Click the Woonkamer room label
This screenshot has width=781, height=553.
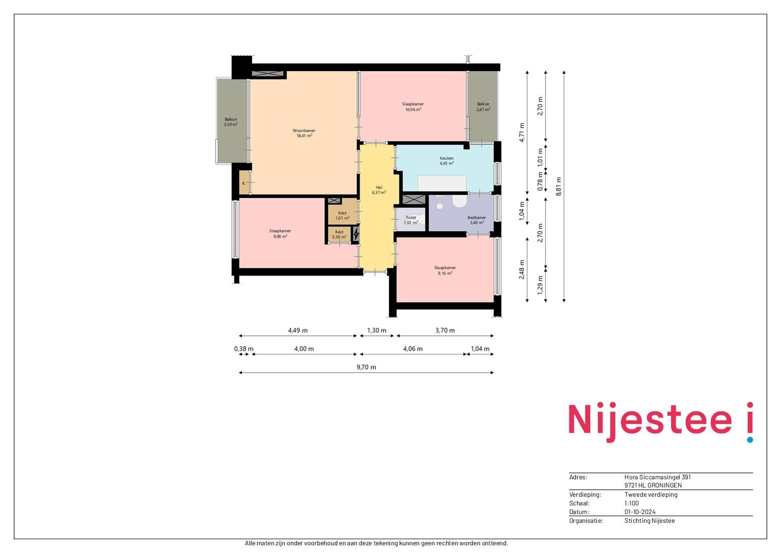[304, 131]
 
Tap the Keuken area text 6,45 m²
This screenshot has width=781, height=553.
[447, 163]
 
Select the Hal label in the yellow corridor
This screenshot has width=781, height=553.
[379, 187]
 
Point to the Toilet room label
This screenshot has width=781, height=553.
[411, 218]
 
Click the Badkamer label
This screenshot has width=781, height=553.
[477, 218]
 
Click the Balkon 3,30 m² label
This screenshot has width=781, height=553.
[231, 121]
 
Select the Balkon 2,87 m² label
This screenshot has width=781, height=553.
[483, 107]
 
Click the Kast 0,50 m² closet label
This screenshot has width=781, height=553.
[339, 235]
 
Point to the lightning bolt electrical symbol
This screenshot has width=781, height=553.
[356, 233]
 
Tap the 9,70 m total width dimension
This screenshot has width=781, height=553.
[366, 367]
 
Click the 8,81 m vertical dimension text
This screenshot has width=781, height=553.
[559, 186]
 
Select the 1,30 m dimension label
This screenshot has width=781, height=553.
[376, 330]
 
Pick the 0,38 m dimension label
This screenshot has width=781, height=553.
[244, 349]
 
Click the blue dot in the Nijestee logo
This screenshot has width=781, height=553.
[750, 439]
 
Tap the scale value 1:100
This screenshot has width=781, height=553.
[632, 503]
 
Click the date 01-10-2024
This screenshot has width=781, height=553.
[640, 512]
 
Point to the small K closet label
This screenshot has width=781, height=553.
[243, 183]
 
